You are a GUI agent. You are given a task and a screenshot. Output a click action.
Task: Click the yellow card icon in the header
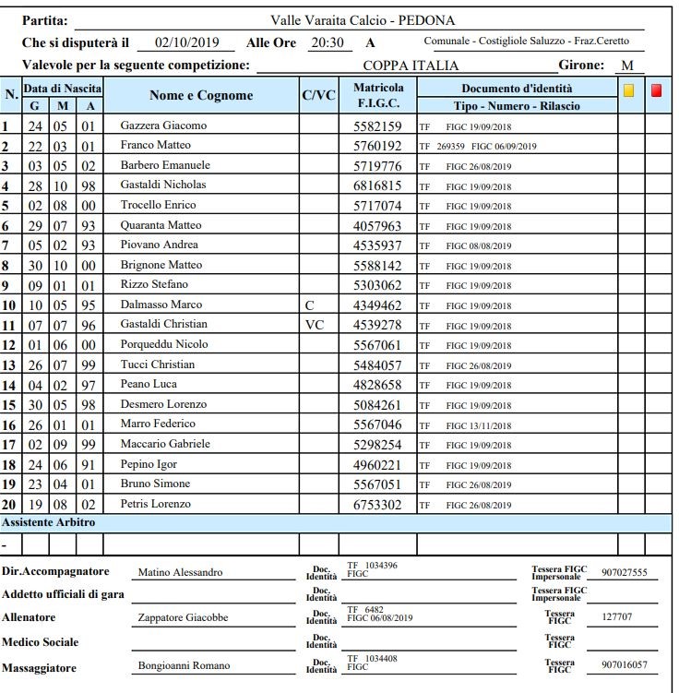point(628,90)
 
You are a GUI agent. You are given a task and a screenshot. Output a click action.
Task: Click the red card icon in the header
point(657,90)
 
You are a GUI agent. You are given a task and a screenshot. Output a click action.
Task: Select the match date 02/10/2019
point(188,42)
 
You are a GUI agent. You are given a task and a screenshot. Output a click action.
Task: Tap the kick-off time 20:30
point(328,42)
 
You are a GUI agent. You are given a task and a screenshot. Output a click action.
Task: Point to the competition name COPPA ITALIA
point(411,66)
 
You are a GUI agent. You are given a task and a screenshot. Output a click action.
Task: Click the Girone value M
point(628,66)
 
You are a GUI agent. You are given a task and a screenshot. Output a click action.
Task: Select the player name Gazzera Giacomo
point(163,125)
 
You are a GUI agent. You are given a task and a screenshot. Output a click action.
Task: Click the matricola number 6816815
point(377,185)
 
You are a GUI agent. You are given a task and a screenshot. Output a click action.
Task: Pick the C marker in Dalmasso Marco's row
point(308,305)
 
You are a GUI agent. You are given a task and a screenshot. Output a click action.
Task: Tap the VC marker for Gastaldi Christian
point(314,325)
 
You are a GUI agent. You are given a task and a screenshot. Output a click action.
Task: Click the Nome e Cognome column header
point(200,96)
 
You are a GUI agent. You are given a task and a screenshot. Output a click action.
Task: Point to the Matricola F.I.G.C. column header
point(377,96)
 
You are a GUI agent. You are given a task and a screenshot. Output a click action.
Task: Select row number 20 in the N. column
point(10,504)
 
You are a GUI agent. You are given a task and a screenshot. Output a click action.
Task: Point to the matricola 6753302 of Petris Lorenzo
point(377,504)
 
